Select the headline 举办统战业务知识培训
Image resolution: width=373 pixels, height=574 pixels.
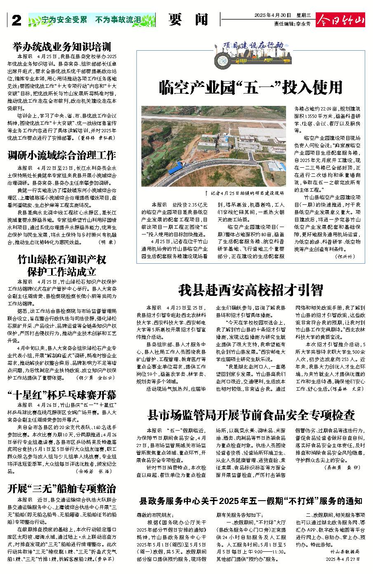[62, 46]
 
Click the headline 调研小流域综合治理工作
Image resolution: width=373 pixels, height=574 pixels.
[62, 155]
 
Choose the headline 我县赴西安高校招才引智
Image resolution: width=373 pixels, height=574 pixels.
[251, 291]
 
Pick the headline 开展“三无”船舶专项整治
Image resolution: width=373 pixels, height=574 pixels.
[62, 489]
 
